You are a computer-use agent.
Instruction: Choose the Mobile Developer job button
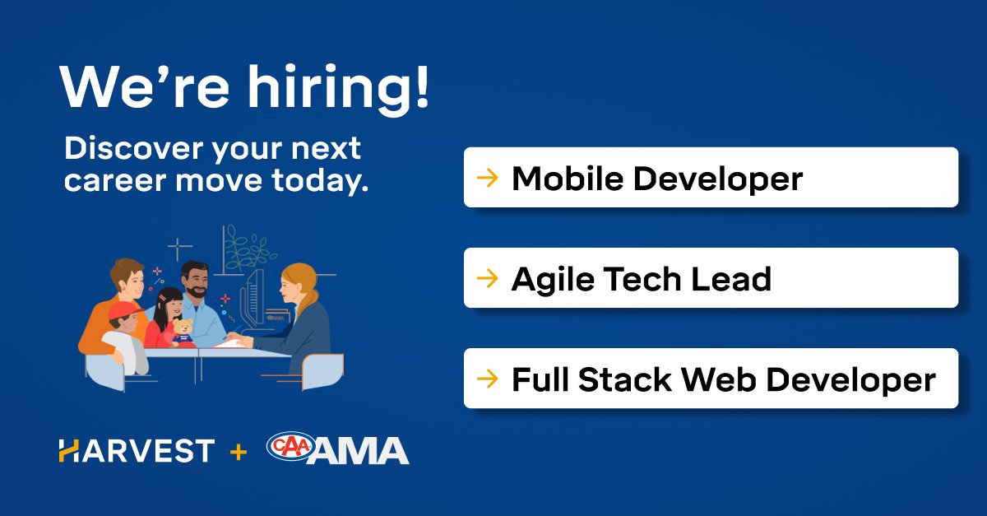(x=711, y=177)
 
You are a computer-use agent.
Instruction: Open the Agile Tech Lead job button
(x=711, y=278)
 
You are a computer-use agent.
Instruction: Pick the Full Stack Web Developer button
(x=711, y=379)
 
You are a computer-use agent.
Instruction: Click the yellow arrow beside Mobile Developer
(x=488, y=177)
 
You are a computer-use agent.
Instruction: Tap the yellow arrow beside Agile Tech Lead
(x=488, y=278)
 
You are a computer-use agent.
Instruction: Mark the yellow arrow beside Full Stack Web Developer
(x=488, y=379)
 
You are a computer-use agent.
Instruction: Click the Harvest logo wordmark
(x=137, y=451)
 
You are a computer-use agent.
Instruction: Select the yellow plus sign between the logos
(x=239, y=451)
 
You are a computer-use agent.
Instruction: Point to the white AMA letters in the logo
(x=362, y=452)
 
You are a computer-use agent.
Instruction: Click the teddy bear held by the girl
(x=183, y=331)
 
